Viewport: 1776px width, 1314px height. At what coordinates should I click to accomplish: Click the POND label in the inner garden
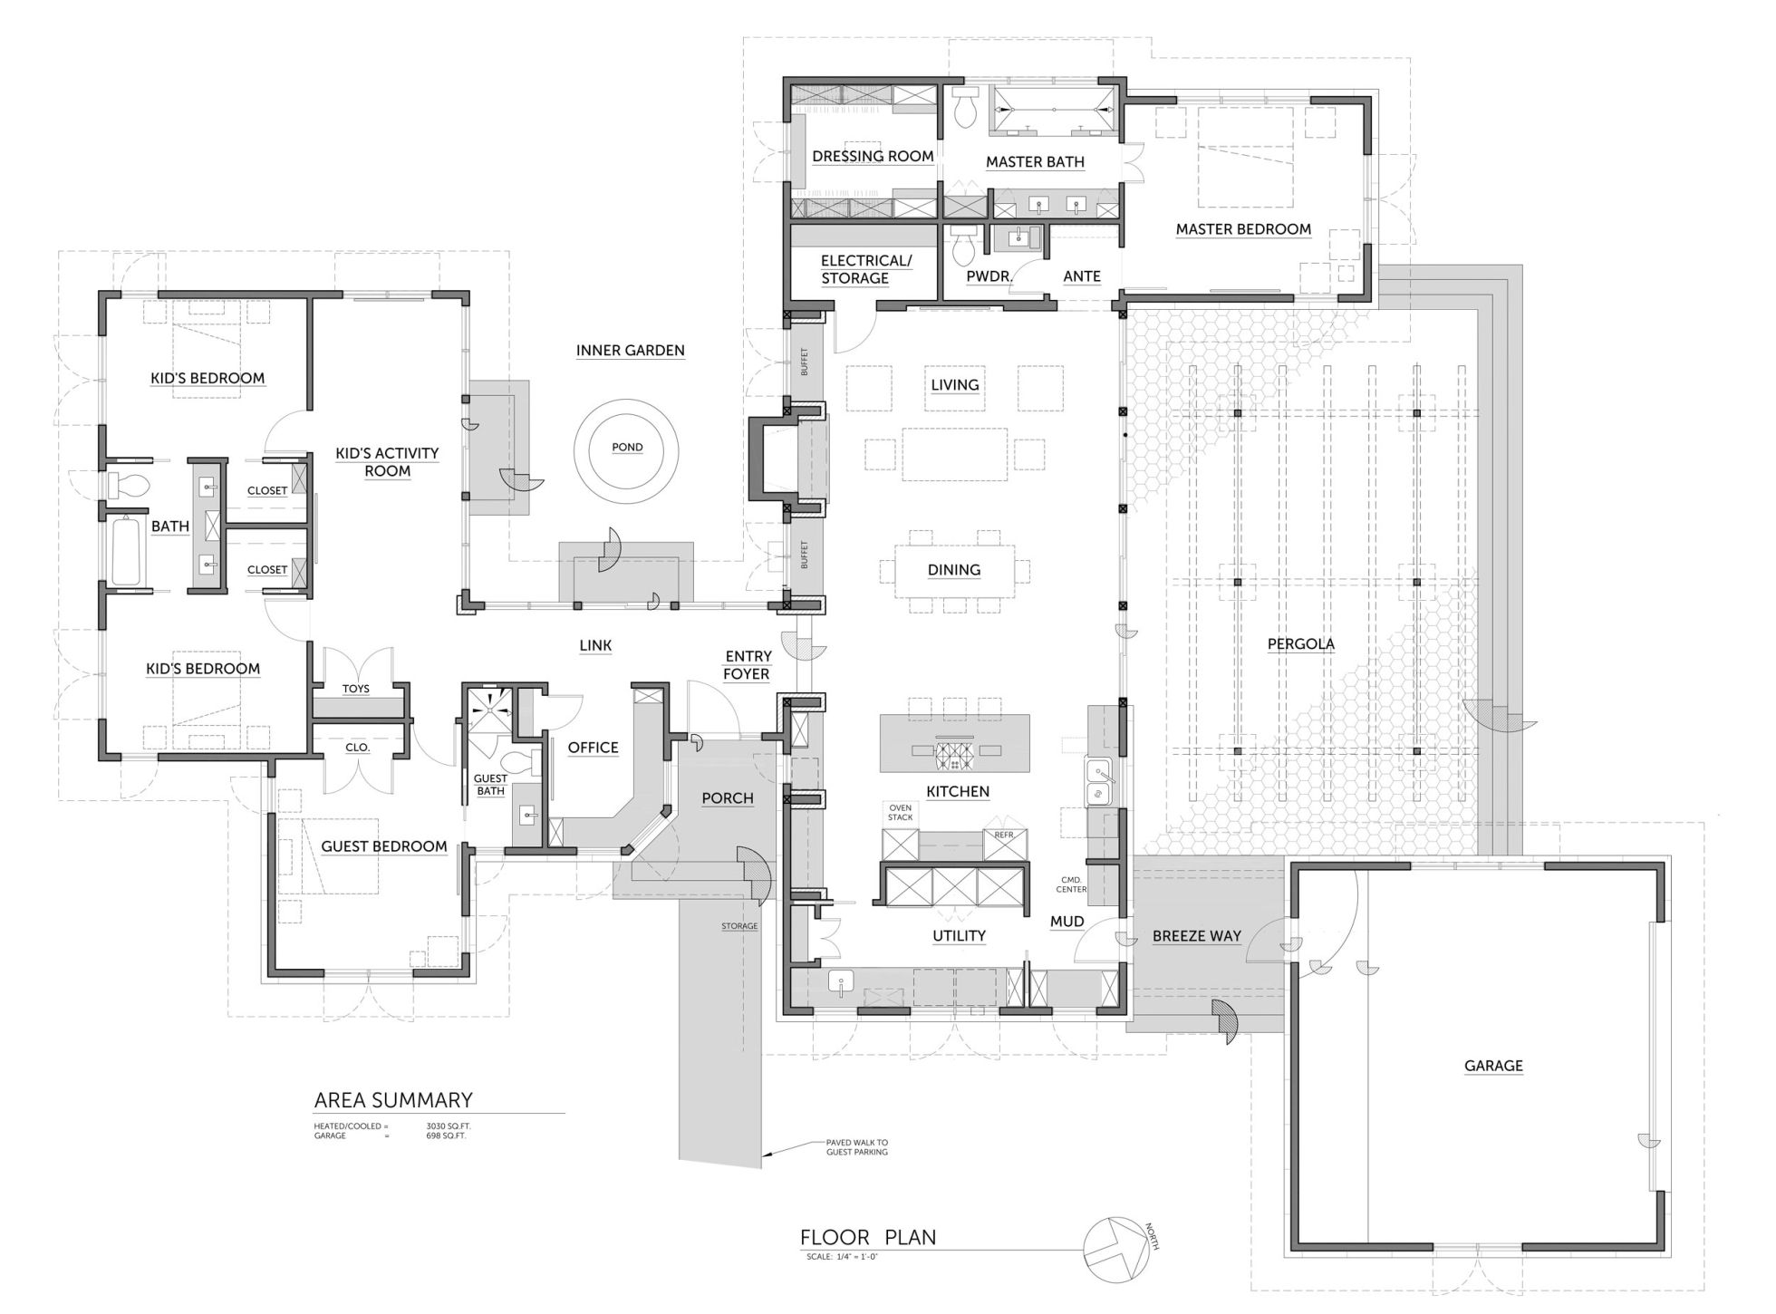pyautogui.click(x=627, y=447)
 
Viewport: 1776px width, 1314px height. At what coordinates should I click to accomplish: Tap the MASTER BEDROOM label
pyautogui.click(x=1243, y=229)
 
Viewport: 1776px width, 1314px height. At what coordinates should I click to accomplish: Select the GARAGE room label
pyautogui.click(x=1493, y=1066)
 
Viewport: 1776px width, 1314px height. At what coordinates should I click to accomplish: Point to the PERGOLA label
pyautogui.click(x=1300, y=644)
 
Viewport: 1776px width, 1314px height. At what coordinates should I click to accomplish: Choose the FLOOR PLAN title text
pyautogui.click(x=868, y=1237)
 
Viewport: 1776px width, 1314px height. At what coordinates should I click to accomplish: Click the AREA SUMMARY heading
pyautogui.click(x=393, y=1100)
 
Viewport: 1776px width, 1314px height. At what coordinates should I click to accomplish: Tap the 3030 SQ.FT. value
pyautogui.click(x=449, y=1126)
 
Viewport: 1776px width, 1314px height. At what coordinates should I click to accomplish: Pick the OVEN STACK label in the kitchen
pyautogui.click(x=900, y=812)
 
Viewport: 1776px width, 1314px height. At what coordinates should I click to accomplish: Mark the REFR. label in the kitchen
pyautogui.click(x=1004, y=834)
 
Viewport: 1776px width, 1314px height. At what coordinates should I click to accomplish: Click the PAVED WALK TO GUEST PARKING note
pyautogui.click(x=856, y=1147)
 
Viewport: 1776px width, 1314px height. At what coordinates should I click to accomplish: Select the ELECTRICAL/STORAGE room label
pyautogui.click(x=866, y=269)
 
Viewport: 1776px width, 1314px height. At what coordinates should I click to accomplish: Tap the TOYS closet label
pyautogui.click(x=356, y=689)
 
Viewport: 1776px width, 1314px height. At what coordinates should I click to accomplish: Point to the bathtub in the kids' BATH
pyautogui.click(x=127, y=551)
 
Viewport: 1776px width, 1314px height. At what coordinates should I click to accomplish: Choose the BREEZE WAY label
pyautogui.click(x=1197, y=936)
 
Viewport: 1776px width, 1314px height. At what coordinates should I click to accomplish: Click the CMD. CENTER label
pyautogui.click(x=1071, y=884)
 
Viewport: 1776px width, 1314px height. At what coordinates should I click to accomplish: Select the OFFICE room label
pyautogui.click(x=594, y=748)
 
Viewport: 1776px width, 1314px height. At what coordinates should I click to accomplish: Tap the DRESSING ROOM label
pyautogui.click(x=873, y=156)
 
